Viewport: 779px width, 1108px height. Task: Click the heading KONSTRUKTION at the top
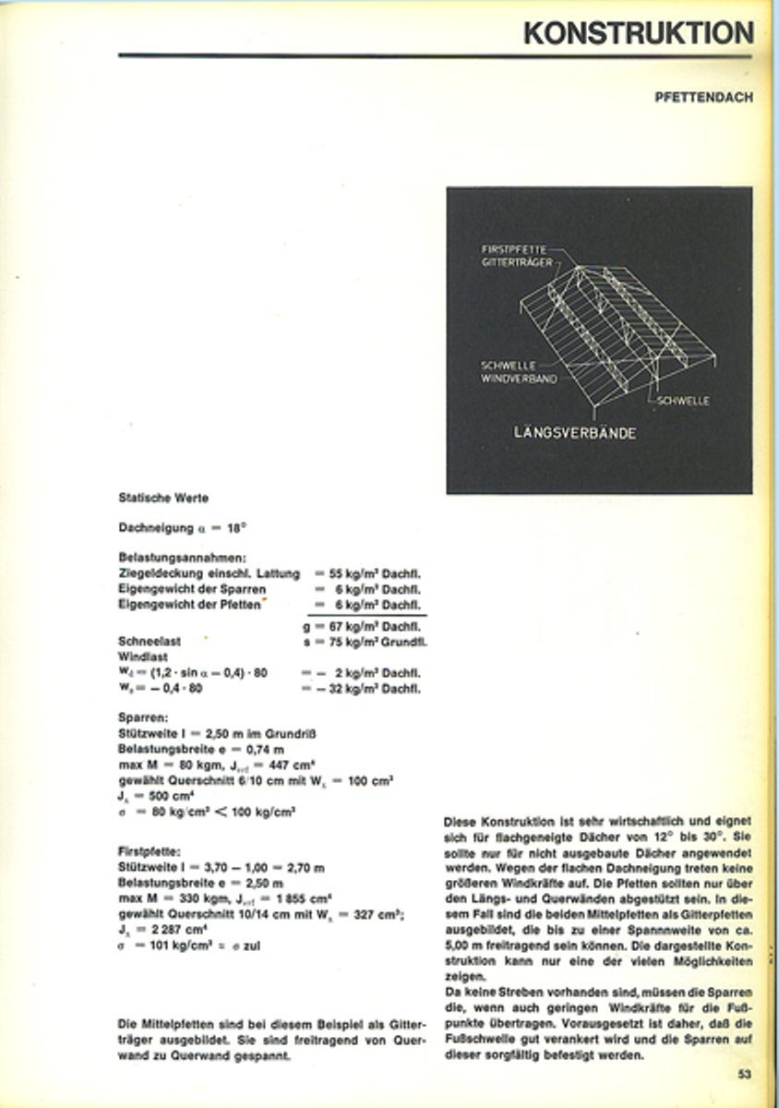(x=638, y=32)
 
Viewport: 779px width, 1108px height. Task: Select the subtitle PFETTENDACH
(x=703, y=97)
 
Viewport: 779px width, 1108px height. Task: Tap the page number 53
(x=745, y=1074)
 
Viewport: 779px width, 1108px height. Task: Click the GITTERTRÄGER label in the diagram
(x=517, y=262)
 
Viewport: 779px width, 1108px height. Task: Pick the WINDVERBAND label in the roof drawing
(x=519, y=378)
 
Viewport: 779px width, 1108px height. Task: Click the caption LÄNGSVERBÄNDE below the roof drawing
(x=575, y=432)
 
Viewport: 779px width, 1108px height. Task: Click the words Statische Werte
(x=163, y=498)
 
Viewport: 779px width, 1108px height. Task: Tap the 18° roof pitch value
(x=236, y=529)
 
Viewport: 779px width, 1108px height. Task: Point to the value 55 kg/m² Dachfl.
(x=374, y=573)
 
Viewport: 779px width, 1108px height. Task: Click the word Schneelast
(x=148, y=641)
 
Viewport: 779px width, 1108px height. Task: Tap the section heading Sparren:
(x=142, y=717)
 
